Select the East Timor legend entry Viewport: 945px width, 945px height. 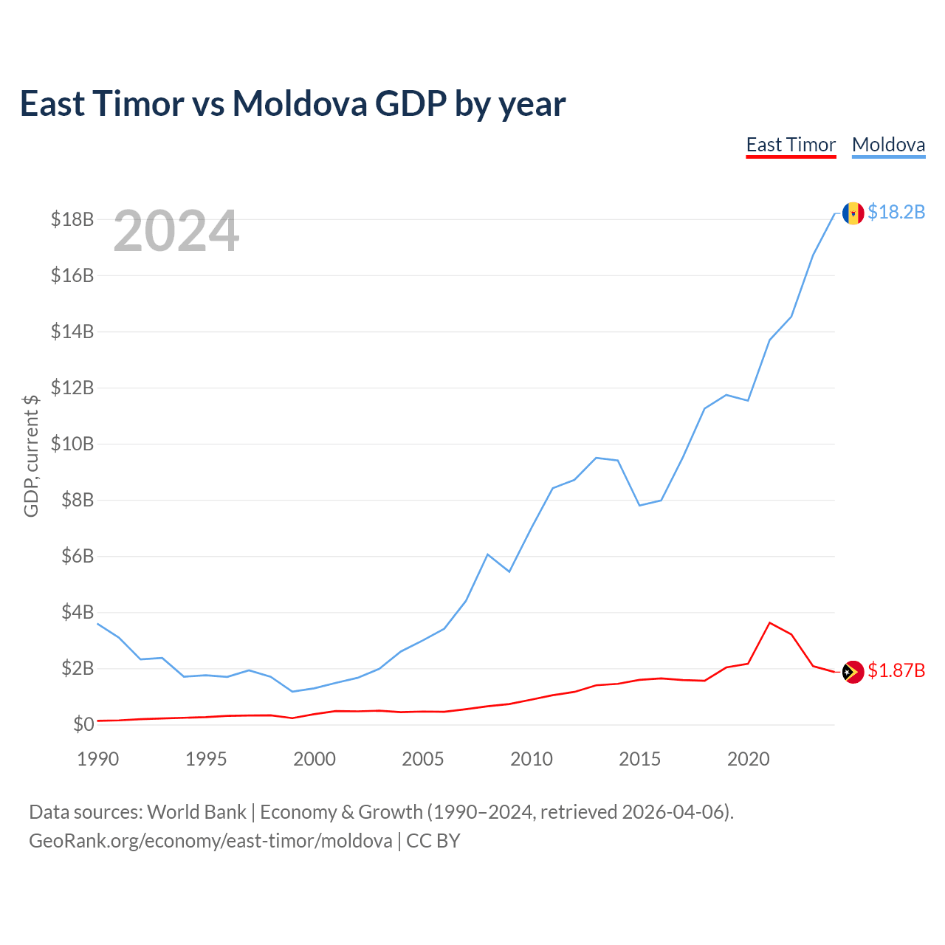point(791,145)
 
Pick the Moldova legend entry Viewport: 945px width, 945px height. point(888,145)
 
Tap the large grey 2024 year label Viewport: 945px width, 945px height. point(176,230)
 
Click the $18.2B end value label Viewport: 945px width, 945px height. point(896,212)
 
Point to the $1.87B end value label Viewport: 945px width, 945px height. point(896,670)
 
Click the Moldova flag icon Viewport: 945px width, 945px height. point(853,213)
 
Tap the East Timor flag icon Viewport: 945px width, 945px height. point(853,672)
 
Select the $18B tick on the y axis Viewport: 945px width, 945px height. point(72,219)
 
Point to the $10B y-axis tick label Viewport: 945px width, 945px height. point(72,444)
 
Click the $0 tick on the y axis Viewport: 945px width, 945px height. point(83,724)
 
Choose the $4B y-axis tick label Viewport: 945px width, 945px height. point(78,612)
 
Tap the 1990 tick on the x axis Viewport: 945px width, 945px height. point(98,759)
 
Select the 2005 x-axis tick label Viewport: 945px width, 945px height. point(423,759)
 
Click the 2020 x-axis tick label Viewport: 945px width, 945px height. point(748,759)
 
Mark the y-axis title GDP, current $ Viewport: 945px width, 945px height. point(31,456)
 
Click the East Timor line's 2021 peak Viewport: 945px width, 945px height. point(769,623)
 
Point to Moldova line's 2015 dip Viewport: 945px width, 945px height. point(639,505)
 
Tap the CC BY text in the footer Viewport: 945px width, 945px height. point(433,841)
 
